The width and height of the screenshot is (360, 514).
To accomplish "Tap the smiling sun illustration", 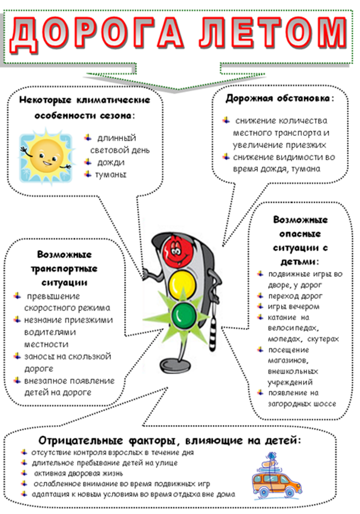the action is [x=46, y=157].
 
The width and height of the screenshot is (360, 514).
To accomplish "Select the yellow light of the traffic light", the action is [x=182, y=284].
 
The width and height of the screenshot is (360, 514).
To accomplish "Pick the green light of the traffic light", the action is [x=184, y=315].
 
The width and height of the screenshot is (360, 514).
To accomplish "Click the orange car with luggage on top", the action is [x=276, y=475].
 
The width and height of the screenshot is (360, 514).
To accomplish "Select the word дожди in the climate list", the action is [x=111, y=162].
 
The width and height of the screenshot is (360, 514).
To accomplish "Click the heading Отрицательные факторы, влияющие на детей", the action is [x=169, y=440].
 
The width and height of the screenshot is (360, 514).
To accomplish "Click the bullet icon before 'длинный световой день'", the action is [x=88, y=137].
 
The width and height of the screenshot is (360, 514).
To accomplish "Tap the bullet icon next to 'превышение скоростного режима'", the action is [x=17, y=296].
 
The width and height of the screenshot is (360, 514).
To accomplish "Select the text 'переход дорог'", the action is [x=295, y=296].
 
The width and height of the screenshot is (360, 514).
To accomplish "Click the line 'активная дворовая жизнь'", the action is [x=79, y=473].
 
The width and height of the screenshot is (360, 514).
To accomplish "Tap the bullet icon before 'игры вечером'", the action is [x=260, y=306].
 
